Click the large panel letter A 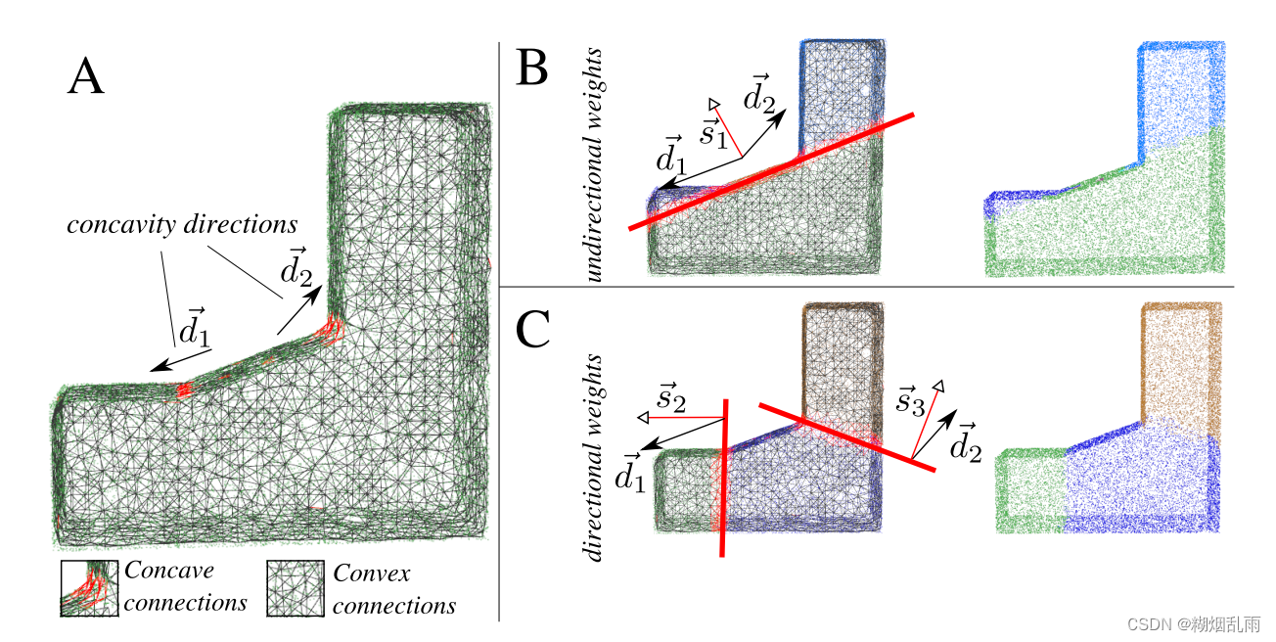86,76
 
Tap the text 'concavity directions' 182,224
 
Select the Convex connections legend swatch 296,588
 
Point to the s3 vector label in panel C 912,400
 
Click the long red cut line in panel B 773,170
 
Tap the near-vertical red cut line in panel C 724,480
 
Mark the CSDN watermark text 1193,622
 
